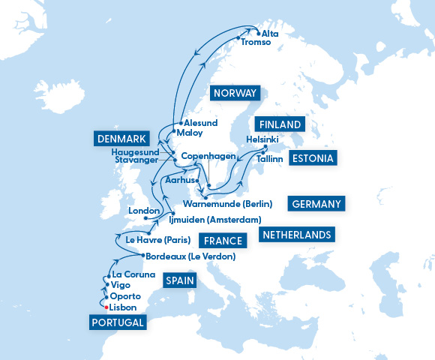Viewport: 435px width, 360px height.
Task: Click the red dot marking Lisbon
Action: (x=106, y=307)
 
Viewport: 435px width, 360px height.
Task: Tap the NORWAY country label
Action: (x=235, y=93)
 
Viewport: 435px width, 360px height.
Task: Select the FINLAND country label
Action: (x=280, y=124)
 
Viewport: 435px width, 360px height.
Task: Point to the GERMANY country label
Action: (x=315, y=203)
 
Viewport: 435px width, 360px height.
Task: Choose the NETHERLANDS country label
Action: (x=296, y=235)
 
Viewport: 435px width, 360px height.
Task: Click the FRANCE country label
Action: (x=223, y=241)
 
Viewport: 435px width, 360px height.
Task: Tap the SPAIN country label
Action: (x=179, y=281)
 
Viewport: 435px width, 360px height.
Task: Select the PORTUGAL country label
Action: (x=117, y=322)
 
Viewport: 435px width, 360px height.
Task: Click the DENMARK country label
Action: (x=121, y=139)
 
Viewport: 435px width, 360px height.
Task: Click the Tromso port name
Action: (x=256, y=43)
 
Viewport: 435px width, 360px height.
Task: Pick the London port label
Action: (x=144, y=211)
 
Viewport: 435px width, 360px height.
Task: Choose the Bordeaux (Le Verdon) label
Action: (x=190, y=256)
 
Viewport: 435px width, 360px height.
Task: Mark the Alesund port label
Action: (x=200, y=122)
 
